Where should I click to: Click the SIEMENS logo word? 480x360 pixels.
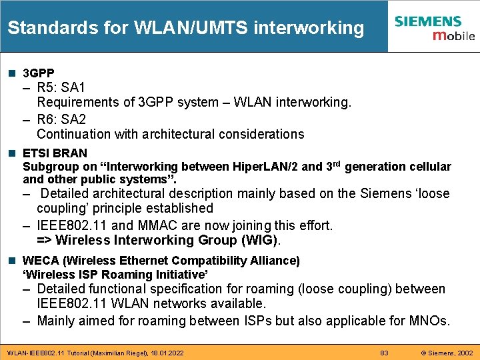coord(427,21)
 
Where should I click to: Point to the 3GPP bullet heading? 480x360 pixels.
coord(39,73)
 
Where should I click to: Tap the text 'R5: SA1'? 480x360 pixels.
coord(61,87)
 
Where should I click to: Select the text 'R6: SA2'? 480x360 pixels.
coord(61,119)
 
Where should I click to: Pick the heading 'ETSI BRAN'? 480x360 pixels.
coord(55,153)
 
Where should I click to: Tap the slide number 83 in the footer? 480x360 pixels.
coord(384,352)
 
